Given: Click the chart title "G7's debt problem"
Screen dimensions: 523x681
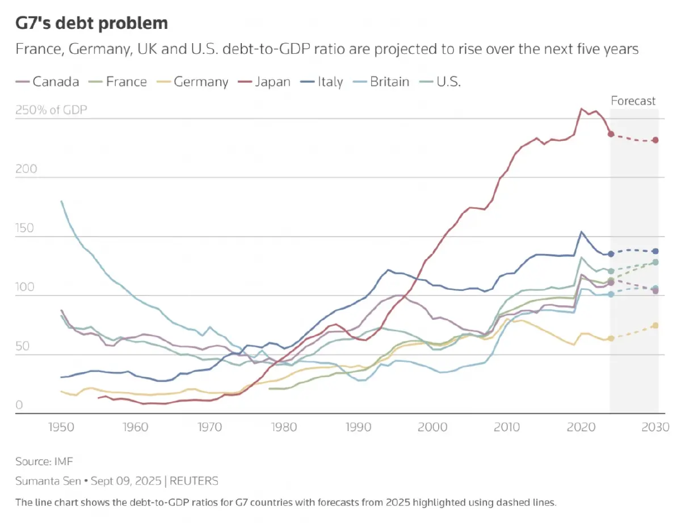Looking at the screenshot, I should pyautogui.click(x=91, y=23).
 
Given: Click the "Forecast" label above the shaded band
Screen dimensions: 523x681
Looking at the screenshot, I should pyautogui.click(x=633, y=101).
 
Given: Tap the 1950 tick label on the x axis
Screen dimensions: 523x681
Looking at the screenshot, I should pyautogui.click(x=61, y=426).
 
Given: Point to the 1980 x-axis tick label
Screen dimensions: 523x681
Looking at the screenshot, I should pyautogui.click(x=284, y=426).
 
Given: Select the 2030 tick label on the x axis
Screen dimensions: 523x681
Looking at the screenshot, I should pyautogui.click(x=655, y=426).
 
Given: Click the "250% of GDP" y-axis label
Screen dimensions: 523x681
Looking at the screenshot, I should pyautogui.click(x=51, y=110).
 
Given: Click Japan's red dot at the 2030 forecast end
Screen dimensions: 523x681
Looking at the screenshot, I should pyautogui.click(x=655, y=140).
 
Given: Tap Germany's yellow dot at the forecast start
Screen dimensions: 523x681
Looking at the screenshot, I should pyautogui.click(x=611, y=339).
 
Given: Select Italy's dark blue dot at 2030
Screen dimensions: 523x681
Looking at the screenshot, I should pyautogui.click(x=655, y=251).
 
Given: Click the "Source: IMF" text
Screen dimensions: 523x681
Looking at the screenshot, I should pyautogui.click(x=44, y=461).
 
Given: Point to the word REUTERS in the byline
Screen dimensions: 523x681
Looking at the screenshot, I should pyautogui.click(x=194, y=481).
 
